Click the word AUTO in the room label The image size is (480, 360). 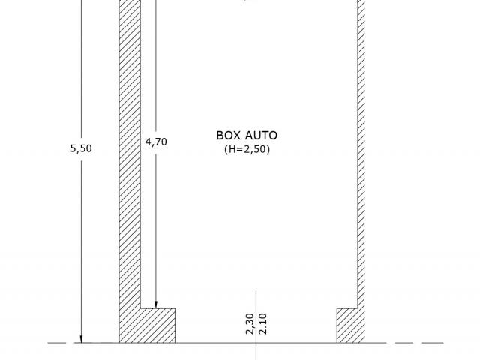(x=262, y=136)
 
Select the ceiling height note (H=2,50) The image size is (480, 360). (x=247, y=149)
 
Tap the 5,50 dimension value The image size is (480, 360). (x=81, y=148)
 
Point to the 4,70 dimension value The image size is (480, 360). (x=156, y=142)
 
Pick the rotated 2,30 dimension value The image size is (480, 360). (x=250, y=323)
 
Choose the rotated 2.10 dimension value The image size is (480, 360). (x=263, y=323)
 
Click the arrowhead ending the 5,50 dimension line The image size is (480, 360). (x=81, y=339)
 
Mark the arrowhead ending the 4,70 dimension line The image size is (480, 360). (x=156, y=304)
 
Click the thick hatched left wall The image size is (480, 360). (x=130, y=153)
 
